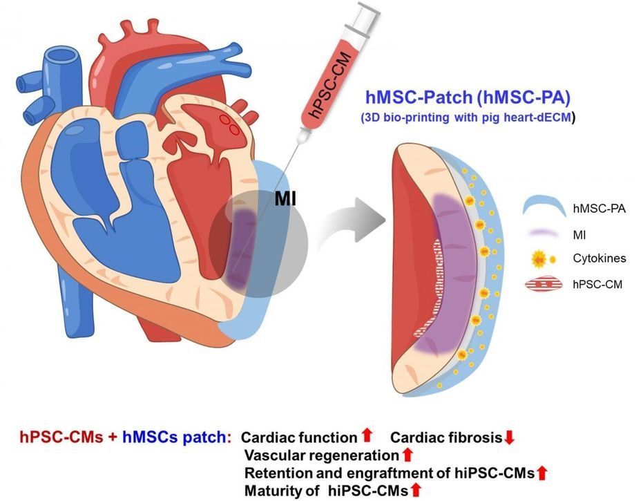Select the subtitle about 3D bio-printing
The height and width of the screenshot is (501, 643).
pyautogui.click(x=467, y=117)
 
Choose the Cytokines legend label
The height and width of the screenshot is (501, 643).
pyautogui.click(x=598, y=259)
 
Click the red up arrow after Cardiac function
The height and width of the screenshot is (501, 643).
pyautogui.click(x=367, y=435)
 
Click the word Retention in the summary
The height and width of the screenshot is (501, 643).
pyautogui.click(x=274, y=473)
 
